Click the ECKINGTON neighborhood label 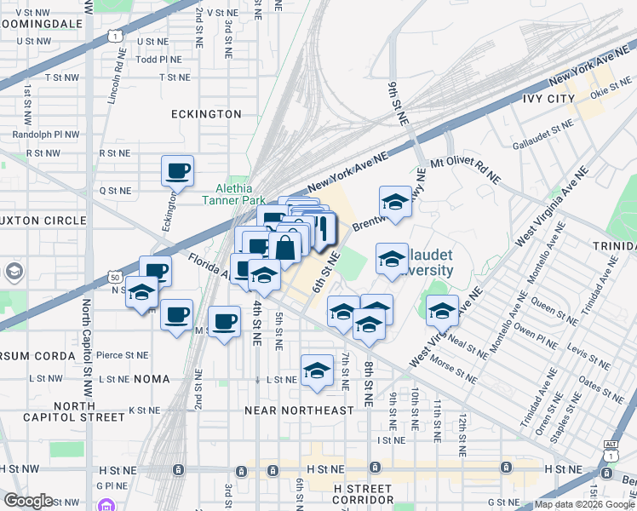[x=205, y=113]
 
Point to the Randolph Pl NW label [x=46, y=134]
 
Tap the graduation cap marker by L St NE [x=317, y=370]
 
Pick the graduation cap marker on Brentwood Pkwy [x=394, y=202]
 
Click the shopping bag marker [x=286, y=247]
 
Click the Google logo [x=27, y=501]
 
